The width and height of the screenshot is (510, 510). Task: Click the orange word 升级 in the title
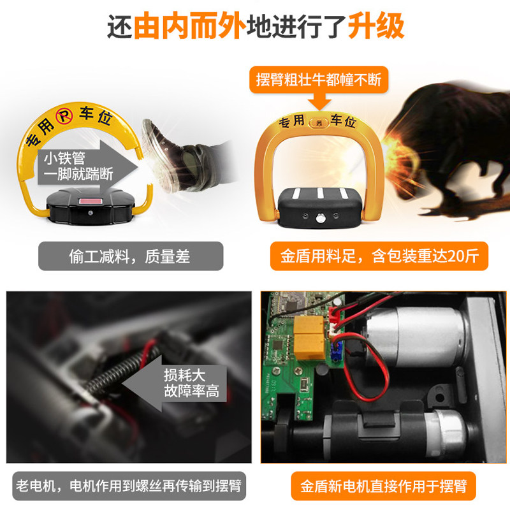(x=376, y=25)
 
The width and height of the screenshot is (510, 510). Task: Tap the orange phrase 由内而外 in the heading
(x=189, y=25)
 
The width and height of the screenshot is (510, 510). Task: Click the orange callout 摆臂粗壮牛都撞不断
(x=319, y=80)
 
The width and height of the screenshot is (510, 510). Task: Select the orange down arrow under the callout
(x=319, y=101)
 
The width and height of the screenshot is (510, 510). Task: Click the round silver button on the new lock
(x=321, y=217)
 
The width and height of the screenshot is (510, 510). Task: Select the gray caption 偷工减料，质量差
(x=131, y=256)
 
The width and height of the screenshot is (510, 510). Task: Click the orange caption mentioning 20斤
(x=379, y=256)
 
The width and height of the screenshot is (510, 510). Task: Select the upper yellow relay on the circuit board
(x=309, y=324)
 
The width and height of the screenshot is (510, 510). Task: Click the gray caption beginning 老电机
(x=129, y=486)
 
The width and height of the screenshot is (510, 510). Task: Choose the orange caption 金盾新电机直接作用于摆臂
(x=384, y=486)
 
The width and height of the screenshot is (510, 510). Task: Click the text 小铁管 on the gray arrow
(x=64, y=158)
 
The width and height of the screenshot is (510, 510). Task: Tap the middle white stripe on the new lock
(x=320, y=193)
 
